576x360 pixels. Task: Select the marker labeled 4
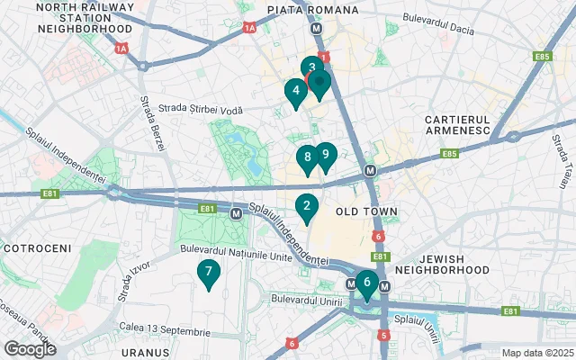(294, 92)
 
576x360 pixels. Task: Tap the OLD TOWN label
(365, 211)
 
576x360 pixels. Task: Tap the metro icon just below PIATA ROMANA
(317, 28)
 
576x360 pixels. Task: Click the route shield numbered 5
(384, 336)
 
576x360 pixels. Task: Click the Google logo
(30, 349)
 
